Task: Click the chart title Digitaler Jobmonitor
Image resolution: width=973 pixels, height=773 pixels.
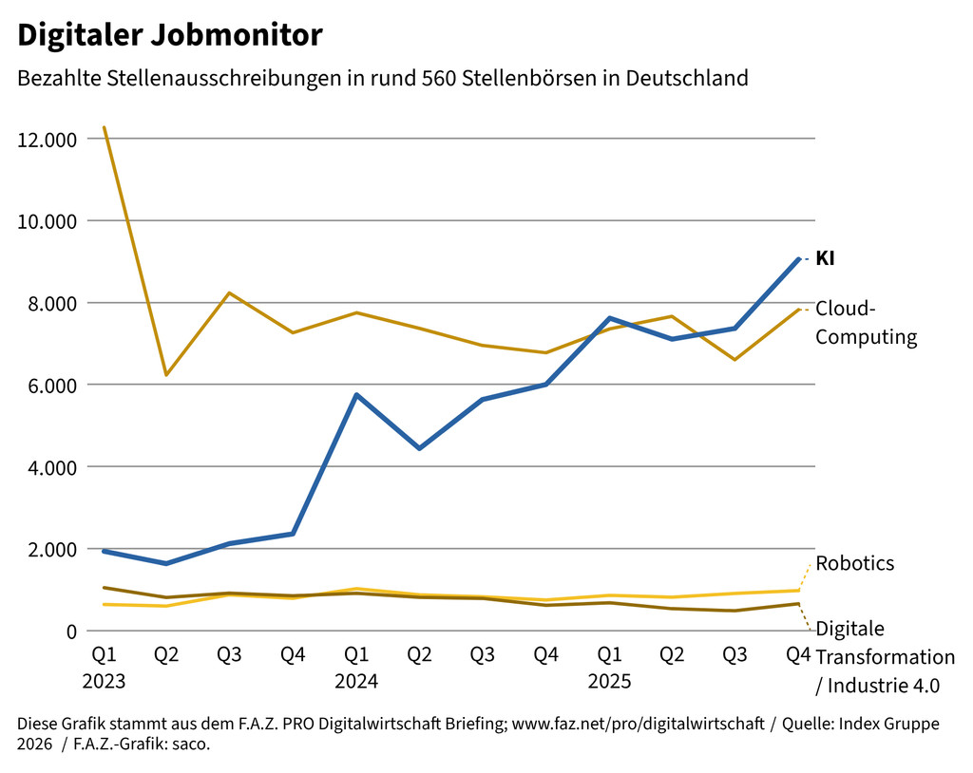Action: pos(170,36)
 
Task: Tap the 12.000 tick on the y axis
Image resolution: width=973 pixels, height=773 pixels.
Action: pos(47,140)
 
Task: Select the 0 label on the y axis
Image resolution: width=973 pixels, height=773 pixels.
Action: pos(69,632)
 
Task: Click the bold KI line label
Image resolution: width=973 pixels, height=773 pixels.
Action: pos(825,258)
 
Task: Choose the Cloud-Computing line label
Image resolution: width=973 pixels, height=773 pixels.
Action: pos(866,323)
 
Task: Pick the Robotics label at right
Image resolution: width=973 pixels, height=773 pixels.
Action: pos(854,563)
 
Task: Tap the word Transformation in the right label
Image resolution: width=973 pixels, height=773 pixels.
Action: pos(885,657)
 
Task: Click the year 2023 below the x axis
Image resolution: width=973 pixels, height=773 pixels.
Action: pos(104,682)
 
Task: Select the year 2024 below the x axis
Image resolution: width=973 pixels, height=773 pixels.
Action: pos(356,682)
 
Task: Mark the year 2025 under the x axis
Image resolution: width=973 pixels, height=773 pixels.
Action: pos(609,682)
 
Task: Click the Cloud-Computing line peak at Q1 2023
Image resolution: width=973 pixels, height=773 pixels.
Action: pos(104,127)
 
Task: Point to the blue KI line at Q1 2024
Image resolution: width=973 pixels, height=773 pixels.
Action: pos(356,395)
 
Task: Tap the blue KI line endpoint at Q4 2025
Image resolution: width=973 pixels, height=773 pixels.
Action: pos(798,259)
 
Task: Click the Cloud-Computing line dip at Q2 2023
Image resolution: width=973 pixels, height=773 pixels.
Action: pos(166,375)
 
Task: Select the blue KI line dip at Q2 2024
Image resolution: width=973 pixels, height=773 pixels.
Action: pos(419,448)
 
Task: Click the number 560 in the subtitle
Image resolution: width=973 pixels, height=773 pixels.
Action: pos(487,78)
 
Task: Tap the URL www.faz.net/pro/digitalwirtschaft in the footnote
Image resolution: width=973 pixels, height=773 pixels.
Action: pos(638,725)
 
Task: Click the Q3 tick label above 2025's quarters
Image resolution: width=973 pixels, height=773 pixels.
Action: pos(735,655)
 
